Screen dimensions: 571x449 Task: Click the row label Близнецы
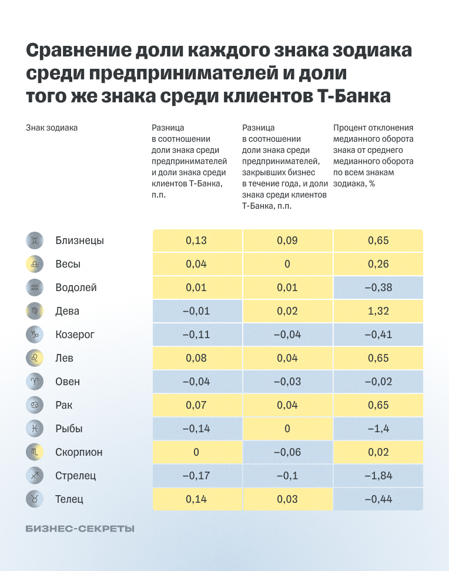click(x=79, y=241)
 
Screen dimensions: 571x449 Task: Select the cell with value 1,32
click(x=378, y=311)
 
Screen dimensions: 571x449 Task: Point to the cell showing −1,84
click(x=378, y=476)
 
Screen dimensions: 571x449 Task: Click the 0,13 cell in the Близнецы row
click(x=196, y=241)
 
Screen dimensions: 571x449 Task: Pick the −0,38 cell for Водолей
click(x=378, y=288)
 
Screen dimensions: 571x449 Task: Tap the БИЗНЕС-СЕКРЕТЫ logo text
click(x=81, y=529)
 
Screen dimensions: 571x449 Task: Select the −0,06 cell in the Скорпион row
click(x=287, y=452)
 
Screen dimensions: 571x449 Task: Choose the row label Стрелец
click(x=76, y=476)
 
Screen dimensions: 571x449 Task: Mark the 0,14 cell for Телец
click(x=196, y=499)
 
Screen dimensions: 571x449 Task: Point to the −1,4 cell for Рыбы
click(x=378, y=429)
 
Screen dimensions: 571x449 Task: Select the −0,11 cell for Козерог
click(x=196, y=335)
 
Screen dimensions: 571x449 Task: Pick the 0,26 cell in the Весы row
click(x=378, y=264)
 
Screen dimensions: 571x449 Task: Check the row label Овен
click(x=68, y=382)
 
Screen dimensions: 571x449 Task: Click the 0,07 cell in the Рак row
click(x=196, y=405)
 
